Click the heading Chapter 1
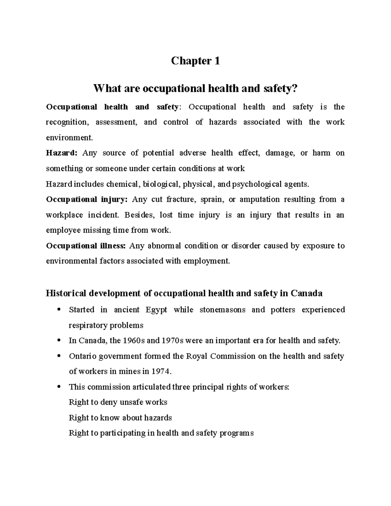(195, 61)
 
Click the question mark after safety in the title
(296, 88)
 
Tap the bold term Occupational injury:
(87, 199)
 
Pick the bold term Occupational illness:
(86, 246)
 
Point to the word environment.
(69, 137)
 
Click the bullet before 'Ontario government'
(59, 356)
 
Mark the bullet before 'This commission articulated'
(59, 387)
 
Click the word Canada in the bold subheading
(306, 293)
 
